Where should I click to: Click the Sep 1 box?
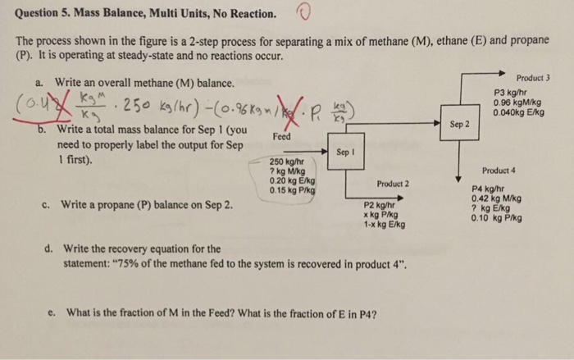[x=344, y=153]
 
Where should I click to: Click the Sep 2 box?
[x=459, y=125]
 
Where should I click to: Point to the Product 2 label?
[x=394, y=183]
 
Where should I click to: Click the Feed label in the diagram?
[x=281, y=138]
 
